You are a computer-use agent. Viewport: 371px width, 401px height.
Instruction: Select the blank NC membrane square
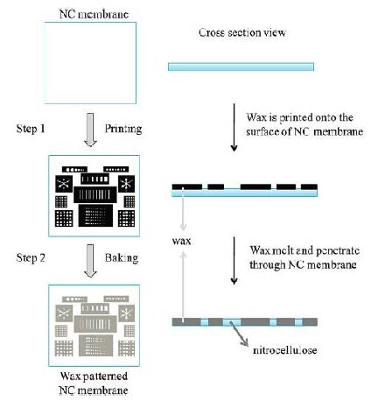[90, 60]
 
